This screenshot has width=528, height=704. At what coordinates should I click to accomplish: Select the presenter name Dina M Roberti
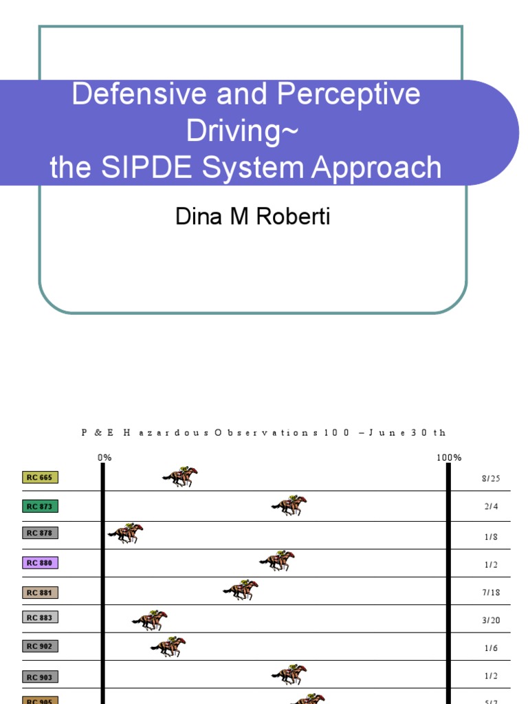(253, 217)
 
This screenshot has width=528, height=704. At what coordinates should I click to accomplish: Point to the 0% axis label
(104, 457)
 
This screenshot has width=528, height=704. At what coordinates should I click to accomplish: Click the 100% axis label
(448, 457)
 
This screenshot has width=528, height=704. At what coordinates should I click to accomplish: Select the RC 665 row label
(41, 477)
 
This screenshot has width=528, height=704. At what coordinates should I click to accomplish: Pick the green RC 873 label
(41, 507)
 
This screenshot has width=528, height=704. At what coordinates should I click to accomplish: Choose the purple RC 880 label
(41, 562)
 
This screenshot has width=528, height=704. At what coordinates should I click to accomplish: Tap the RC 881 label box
(41, 592)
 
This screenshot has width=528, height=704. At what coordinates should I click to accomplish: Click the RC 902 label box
(41, 646)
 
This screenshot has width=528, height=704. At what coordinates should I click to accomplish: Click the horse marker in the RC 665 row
(180, 476)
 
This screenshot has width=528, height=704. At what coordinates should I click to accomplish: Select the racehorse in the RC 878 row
(125, 533)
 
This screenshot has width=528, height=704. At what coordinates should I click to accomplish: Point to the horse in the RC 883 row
(150, 620)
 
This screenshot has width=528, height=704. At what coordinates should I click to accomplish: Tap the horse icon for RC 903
(289, 674)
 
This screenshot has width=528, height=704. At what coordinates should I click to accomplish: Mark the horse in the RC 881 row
(241, 590)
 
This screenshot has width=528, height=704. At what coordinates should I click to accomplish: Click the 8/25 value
(491, 478)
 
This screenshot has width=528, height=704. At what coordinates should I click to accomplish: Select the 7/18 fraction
(491, 592)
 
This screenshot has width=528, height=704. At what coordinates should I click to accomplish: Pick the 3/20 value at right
(491, 620)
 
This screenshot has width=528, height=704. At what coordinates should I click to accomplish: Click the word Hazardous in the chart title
(162, 432)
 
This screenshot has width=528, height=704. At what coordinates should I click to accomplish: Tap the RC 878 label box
(41, 533)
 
